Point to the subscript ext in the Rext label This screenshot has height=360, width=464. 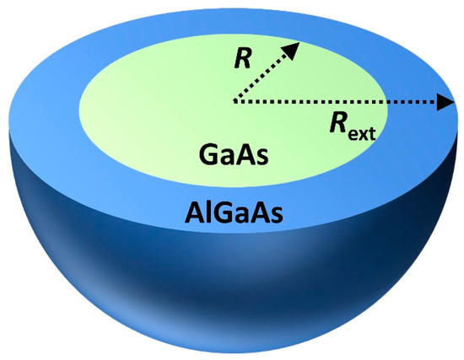coord(364,133)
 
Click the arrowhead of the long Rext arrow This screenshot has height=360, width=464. coord(445,103)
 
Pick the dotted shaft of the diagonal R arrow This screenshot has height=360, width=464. coord(263,77)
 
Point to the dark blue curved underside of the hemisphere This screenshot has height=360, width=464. coord(127,270)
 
